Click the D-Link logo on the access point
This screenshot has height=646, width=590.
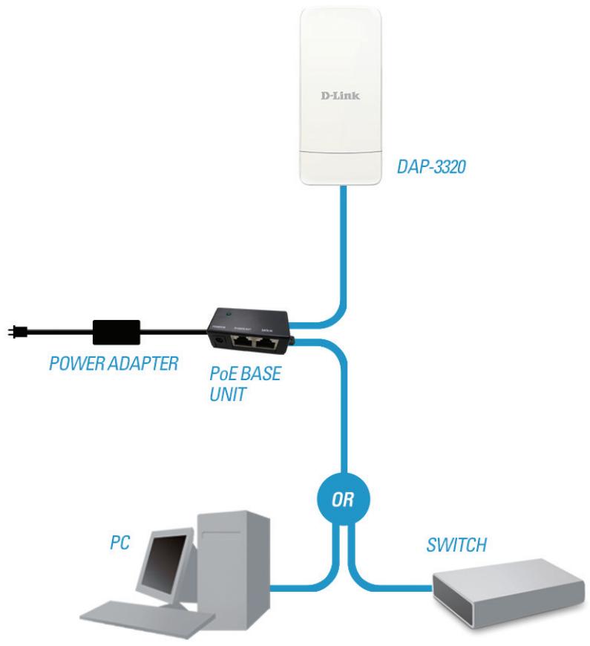341,97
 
